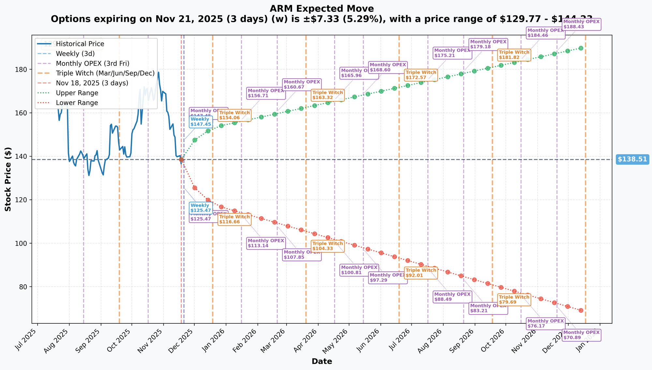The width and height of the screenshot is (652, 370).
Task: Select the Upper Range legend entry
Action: click(77, 93)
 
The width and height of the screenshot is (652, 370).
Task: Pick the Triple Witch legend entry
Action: click(105, 73)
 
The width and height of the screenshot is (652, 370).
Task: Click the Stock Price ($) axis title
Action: click(8, 179)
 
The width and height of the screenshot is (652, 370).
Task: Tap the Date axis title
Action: click(322, 361)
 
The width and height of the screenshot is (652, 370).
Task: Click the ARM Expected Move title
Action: click(322, 9)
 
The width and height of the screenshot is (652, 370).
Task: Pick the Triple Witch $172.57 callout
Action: click(421, 75)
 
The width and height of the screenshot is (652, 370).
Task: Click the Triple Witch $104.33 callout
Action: click(328, 246)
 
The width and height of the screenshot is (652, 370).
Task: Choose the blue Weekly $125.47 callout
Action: click(201, 208)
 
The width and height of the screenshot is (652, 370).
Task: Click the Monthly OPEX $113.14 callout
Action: click(266, 243)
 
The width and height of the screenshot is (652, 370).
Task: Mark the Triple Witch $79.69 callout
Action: click(513, 300)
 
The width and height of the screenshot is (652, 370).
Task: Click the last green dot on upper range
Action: click(581, 48)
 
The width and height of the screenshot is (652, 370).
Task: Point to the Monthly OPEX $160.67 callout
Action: click(302, 84)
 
